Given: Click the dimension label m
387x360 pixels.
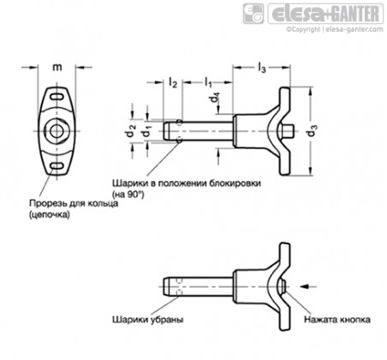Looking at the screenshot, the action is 57,68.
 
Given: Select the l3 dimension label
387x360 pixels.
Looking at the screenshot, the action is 262,68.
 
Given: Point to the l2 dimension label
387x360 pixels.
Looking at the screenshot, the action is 173,83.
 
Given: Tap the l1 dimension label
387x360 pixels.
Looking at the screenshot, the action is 208,83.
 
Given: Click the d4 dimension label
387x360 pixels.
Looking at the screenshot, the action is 215,99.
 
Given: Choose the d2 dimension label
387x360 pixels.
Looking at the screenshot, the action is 132,131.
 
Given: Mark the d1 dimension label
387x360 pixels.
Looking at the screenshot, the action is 147,132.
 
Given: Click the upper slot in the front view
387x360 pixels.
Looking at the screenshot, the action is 57,97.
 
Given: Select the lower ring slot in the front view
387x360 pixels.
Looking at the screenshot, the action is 57,165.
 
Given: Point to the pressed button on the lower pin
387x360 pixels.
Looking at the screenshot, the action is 283,286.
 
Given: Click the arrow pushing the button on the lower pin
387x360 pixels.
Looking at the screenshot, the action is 308,286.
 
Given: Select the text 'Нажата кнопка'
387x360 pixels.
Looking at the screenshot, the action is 337,320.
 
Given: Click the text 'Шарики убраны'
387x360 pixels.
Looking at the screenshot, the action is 148,320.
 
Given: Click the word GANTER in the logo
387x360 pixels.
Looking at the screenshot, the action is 357,14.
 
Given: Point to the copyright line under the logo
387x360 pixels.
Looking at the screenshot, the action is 335,29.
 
